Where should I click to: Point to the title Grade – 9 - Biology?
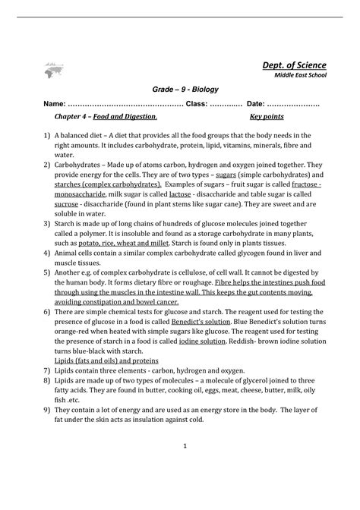(180, 90)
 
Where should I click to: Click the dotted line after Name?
(125, 103)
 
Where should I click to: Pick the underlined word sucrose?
(65, 204)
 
